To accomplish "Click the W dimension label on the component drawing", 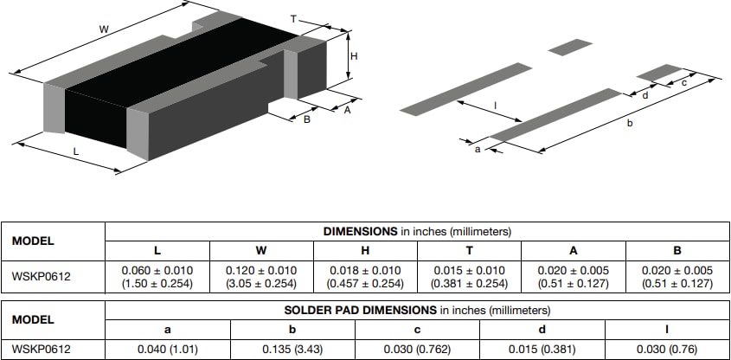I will coord(104,29).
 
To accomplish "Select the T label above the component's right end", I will coord(293,18).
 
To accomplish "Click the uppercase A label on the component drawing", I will coord(347,110).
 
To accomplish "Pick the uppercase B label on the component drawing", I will coord(306,119).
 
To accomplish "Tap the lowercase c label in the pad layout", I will coord(683,83).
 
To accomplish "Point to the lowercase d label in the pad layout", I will coord(644,95).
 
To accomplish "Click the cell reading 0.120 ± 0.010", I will coord(260,276).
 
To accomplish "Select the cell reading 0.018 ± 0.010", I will coord(364,276).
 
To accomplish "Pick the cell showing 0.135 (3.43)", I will coord(292,348).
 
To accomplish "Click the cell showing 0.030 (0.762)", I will coord(418,348).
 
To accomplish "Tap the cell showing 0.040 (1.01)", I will coord(168,348).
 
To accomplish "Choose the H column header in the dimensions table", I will coord(364,251).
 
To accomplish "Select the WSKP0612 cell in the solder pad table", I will coord(42,348).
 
